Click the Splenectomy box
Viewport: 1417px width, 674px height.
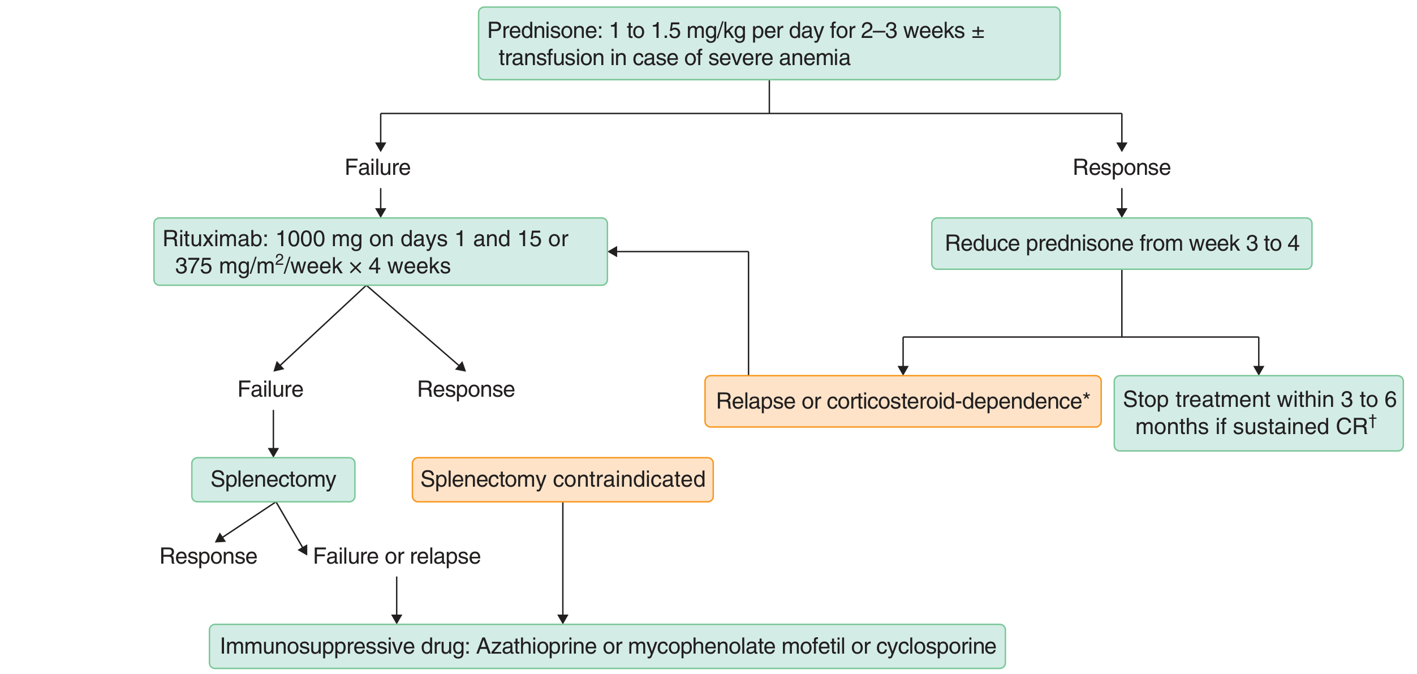[273, 480]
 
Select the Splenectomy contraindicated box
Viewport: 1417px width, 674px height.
[563, 480]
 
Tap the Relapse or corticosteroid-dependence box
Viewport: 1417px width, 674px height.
[903, 401]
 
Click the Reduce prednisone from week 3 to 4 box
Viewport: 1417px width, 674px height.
[1122, 243]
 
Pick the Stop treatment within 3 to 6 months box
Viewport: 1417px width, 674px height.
[1259, 413]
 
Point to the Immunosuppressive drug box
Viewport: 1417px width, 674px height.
[608, 646]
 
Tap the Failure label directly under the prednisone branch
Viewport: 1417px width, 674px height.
[378, 168]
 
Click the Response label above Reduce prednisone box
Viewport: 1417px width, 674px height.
[1122, 168]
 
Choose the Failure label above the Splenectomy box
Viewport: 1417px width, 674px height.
[270, 389]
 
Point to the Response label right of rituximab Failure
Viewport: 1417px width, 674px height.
[466, 390]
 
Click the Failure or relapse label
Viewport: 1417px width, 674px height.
[397, 557]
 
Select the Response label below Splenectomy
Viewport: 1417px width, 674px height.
[209, 557]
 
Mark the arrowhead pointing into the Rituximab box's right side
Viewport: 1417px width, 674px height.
[613, 252]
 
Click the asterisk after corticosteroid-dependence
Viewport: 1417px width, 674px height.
[1086, 396]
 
